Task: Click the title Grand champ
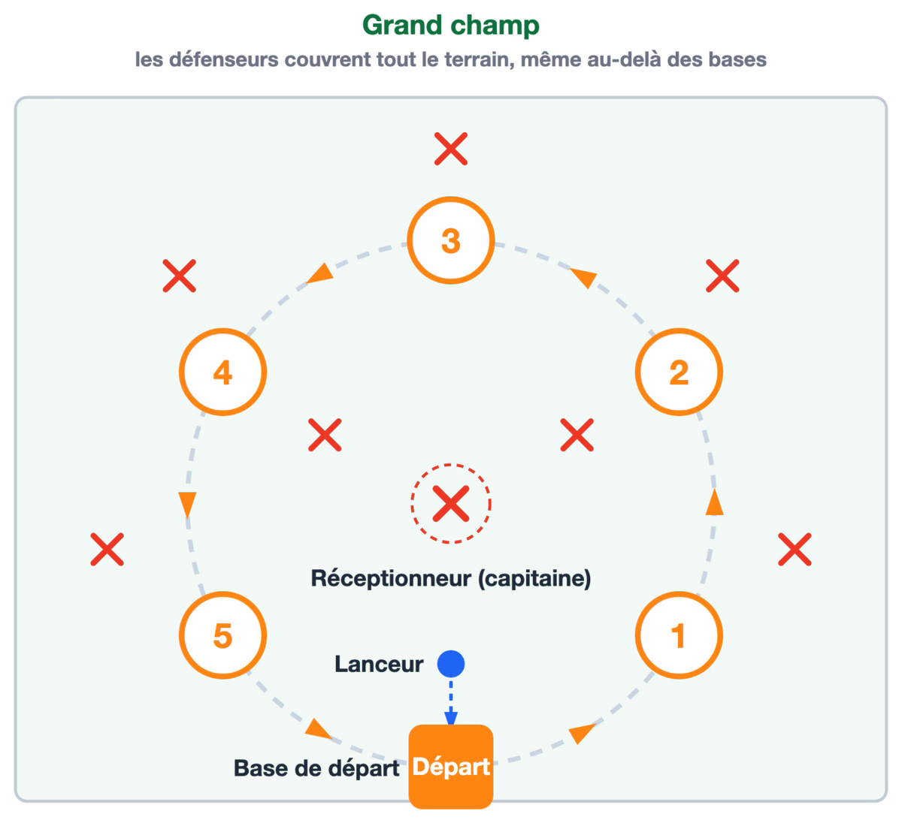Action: (450, 26)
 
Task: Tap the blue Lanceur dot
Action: (450, 664)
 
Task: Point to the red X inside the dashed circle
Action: (450, 504)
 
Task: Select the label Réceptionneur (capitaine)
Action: (450, 578)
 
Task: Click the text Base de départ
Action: (316, 768)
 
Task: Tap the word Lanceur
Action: (379, 664)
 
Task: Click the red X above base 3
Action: (450, 149)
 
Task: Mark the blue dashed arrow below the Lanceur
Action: (450, 701)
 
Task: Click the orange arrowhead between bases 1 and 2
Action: (714, 502)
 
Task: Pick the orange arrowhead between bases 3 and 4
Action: (321, 273)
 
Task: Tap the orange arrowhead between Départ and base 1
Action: (581, 734)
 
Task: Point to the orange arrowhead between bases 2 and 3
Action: (583, 278)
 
